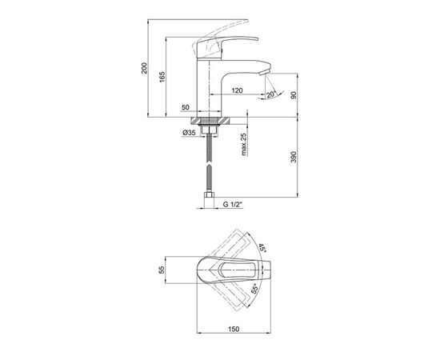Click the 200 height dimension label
pos(144,68)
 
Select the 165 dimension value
pos(162,77)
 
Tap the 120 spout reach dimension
pos(237,90)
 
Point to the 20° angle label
pos(272,94)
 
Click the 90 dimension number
pos(294,95)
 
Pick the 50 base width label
pos(186,107)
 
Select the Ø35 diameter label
pos(189,133)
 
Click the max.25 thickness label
pos(244,144)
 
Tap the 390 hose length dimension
pos(294,157)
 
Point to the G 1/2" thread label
pos(233,205)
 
